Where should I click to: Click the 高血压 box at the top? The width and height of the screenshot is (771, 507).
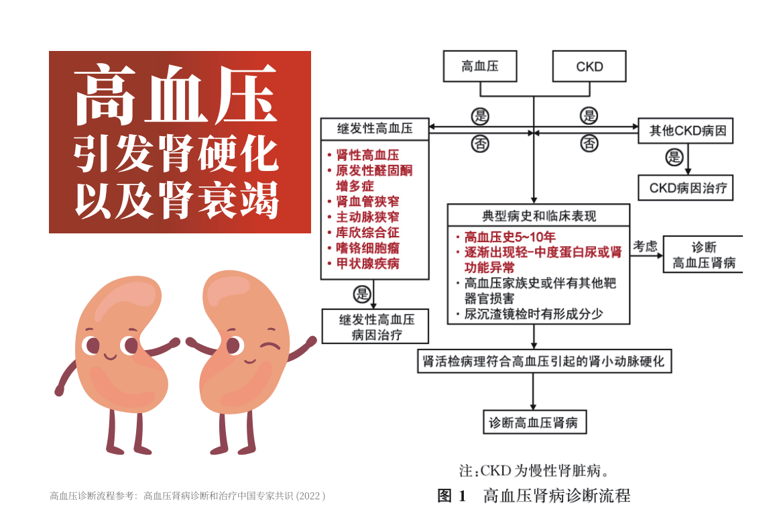[479, 66]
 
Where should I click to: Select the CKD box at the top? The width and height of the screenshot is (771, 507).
[589, 66]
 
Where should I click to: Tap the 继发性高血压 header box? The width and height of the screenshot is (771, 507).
[375, 129]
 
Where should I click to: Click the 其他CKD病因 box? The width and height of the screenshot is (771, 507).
[685, 130]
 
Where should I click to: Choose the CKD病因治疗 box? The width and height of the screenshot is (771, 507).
[685, 188]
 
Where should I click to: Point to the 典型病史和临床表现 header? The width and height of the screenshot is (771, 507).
[538, 216]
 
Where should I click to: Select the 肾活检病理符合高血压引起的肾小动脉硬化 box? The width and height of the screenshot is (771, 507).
[544, 361]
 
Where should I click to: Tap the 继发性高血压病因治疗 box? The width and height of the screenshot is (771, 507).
[375, 327]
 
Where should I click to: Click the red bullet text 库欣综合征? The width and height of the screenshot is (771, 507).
[367, 233]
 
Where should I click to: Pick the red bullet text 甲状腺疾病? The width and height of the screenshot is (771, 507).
[367, 264]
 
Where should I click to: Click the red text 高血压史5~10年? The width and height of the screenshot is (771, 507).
[510, 237]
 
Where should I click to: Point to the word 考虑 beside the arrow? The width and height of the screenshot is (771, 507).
[645, 246]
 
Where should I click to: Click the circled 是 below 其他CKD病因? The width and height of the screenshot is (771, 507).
[674, 158]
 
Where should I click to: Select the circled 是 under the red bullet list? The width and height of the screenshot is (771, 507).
[362, 294]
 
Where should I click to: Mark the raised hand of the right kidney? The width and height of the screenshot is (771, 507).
[310, 341]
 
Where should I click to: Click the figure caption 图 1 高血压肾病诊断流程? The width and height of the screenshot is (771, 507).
[534, 496]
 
